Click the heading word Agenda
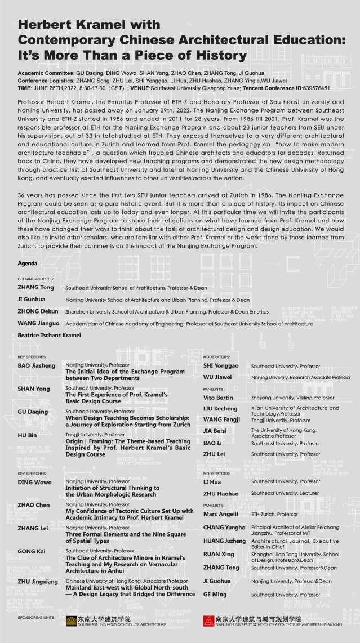pos(28,264)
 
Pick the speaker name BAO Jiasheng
pos(37,366)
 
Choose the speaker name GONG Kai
pos(32,551)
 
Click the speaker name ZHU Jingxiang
pos(39,581)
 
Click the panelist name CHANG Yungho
pos(224,528)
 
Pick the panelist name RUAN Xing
pos(219,554)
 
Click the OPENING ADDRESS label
pos(35,279)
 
